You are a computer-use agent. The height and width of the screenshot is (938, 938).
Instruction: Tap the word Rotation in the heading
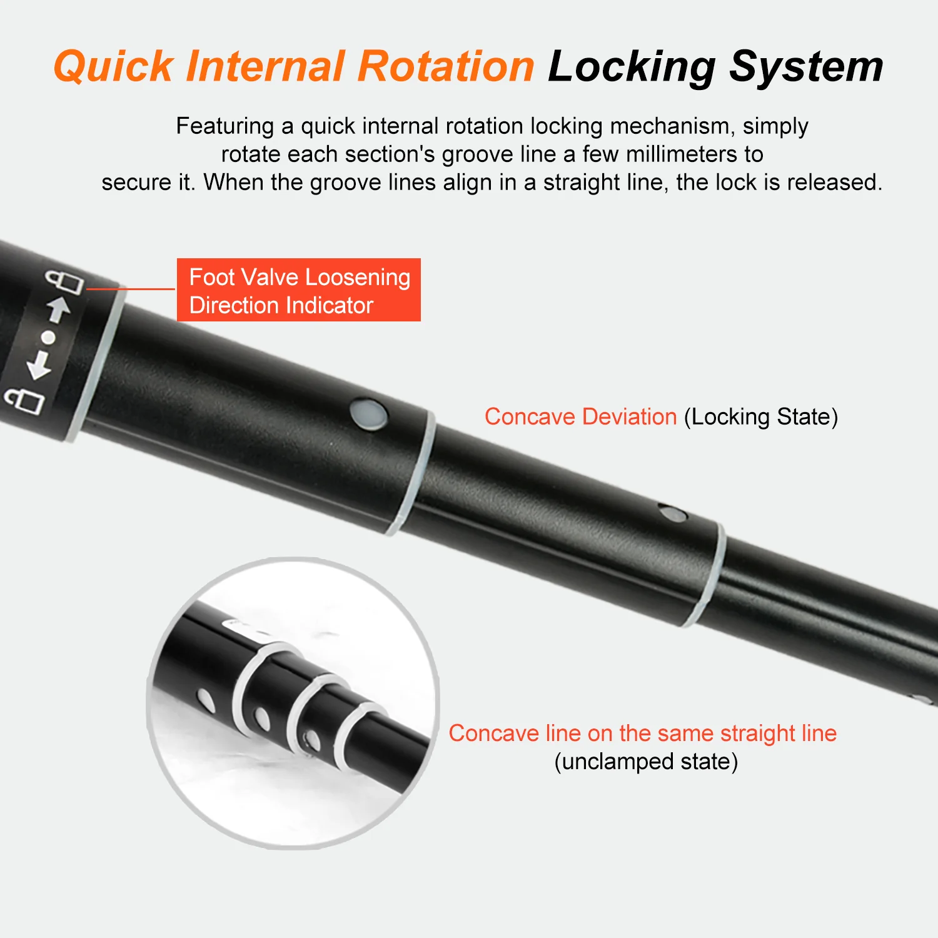[x=446, y=66]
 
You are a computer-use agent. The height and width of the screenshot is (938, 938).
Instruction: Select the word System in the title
[x=806, y=66]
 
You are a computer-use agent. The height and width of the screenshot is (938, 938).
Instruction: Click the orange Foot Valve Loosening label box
[x=298, y=290]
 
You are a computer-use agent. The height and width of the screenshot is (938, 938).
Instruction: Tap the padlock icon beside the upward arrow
[x=64, y=281]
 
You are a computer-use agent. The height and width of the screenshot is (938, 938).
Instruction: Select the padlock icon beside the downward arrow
[x=25, y=400]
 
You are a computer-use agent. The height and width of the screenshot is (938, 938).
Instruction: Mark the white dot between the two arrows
[x=49, y=338]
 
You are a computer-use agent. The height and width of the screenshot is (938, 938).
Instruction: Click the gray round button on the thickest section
[x=368, y=415]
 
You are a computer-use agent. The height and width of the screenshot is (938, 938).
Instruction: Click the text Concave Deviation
[x=580, y=417]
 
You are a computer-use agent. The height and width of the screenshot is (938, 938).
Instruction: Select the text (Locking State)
[x=760, y=417]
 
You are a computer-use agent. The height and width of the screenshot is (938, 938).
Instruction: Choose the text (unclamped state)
[x=646, y=762]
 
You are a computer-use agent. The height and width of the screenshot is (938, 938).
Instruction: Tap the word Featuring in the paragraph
[x=224, y=126]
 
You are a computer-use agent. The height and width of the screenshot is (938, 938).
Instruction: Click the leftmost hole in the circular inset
[x=206, y=700]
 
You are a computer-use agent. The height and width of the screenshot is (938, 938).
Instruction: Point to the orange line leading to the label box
[x=131, y=289]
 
